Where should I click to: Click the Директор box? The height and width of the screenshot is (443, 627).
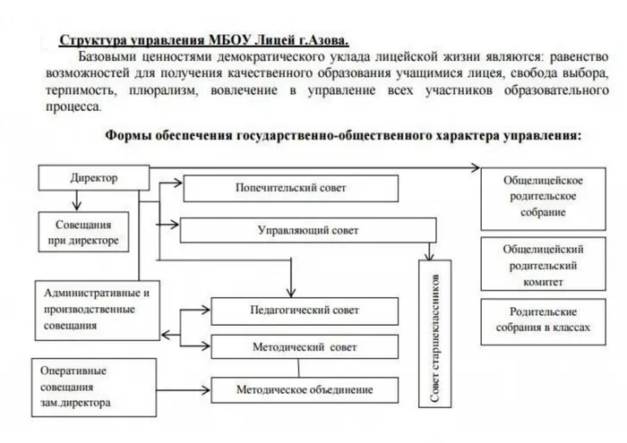tap(93, 178)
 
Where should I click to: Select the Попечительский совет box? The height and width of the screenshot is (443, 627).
tap(290, 189)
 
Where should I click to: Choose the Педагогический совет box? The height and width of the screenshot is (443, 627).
tap(304, 310)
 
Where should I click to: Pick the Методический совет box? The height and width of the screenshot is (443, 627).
tap(304, 346)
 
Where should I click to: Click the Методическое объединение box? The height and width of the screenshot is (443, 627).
tap(305, 390)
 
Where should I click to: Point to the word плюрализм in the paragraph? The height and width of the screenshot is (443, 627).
tap(177, 90)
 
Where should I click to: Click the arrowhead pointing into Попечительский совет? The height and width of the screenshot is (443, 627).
tap(179, 183)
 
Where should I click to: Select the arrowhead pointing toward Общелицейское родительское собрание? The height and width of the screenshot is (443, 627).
tap(476, 167)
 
